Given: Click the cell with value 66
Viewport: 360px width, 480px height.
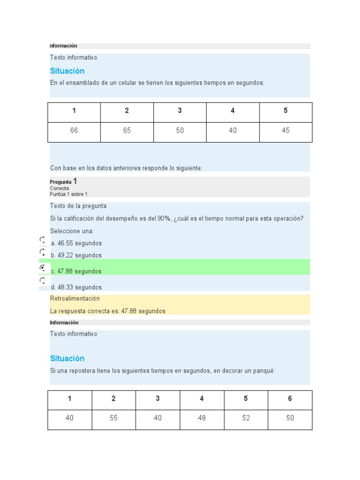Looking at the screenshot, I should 74,131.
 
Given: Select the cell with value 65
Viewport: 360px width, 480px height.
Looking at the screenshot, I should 127,131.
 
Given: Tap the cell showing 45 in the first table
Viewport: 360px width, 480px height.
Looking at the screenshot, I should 285,131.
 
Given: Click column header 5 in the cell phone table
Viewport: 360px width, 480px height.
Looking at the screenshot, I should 285,111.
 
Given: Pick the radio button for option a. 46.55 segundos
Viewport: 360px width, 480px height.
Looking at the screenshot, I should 42,240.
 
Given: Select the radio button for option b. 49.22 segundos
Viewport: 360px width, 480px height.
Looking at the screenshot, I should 42,252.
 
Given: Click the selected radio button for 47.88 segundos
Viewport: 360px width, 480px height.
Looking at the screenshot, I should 42,268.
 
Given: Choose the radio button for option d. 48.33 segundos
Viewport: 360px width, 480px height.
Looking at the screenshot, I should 42,280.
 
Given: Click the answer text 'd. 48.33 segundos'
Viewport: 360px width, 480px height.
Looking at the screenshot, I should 76,287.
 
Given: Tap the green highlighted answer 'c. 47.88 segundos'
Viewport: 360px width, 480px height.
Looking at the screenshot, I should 76,271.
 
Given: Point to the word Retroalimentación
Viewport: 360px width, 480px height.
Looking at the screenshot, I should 75,299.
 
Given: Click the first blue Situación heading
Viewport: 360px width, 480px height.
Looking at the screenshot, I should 67,71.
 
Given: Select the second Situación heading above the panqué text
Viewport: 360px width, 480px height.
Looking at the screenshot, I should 67,359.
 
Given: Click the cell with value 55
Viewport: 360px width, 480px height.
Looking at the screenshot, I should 113,418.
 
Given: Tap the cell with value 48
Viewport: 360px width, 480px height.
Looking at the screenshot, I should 202,418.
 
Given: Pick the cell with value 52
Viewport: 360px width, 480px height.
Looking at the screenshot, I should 246,418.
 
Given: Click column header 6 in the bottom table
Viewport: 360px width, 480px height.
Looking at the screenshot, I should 290,399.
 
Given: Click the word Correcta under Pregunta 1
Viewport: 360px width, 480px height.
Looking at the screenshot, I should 60,188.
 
